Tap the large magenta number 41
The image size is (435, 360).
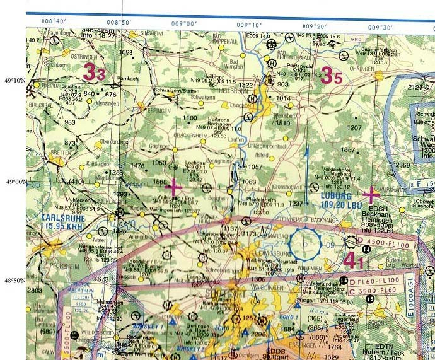tap(352, 259)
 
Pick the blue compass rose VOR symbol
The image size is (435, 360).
tap(306, 244)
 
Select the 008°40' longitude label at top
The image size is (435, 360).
tap(54, 21)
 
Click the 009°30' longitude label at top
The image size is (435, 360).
tap(380, 27)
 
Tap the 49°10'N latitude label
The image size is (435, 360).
tap(14, 81)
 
